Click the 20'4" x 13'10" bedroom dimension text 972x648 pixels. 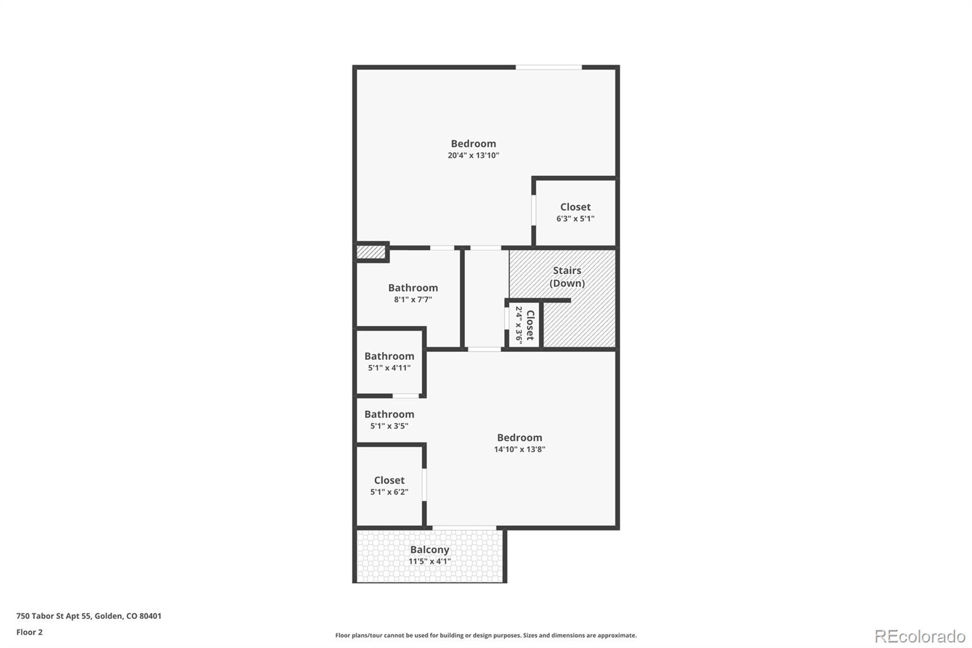[x=473, y=156]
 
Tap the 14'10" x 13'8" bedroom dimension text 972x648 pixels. [x=519, y=450]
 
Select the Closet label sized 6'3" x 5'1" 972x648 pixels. [x=575, y=207]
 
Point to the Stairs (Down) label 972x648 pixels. [x=567, y=277]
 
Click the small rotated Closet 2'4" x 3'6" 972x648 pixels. [x=524, y=325]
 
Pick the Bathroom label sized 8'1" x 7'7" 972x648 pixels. [x=413, y=288]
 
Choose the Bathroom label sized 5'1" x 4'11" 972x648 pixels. [x=389, y=356]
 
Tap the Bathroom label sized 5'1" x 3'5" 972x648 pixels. [x=389, y=415]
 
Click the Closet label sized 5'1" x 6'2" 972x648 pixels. [x=389, y=480]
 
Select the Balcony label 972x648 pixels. [x=430, y=550]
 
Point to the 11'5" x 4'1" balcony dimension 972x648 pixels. [x=430, y=562]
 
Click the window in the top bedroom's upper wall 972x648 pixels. [x=549, y=67]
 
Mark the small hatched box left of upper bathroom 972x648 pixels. [x=370, y=252]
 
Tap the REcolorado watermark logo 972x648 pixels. [x=920, y=636]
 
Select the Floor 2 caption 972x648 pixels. [x=29, y=632]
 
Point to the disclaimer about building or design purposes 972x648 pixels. [x=486, y=635]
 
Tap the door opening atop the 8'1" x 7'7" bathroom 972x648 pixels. [x=442, y=248]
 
